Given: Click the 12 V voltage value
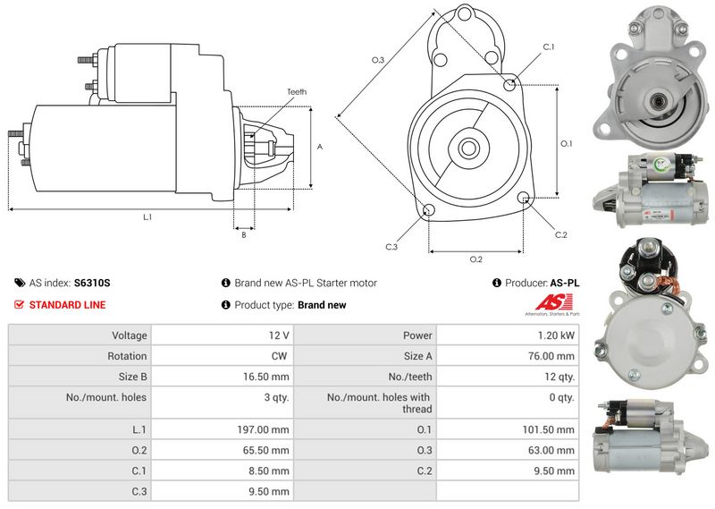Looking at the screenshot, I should click(278, 335).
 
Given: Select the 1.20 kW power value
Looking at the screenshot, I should click(559, 335).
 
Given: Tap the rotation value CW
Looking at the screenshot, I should click(280, 356).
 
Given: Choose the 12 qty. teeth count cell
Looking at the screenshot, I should click(559, 377).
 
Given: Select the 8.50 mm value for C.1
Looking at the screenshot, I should click(269, 471).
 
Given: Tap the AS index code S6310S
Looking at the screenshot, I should click(92, 283).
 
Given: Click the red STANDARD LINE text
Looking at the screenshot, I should click(67, 305).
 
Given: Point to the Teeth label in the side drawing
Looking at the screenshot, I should click(297, 92).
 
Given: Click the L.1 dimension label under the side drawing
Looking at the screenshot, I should click(147, 217).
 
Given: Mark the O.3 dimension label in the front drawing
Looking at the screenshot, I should click(378, 60).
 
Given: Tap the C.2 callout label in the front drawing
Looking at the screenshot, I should click(560, 235).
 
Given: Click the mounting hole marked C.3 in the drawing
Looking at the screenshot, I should click(428, 210).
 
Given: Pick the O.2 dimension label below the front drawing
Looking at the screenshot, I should click(475, 259).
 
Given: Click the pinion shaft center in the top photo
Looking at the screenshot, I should click(656, 102).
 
